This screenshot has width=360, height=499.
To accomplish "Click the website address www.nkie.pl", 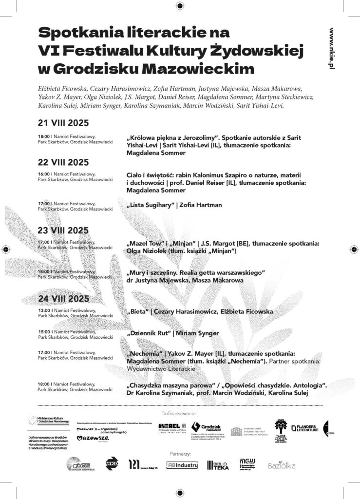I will (x=332, y=47).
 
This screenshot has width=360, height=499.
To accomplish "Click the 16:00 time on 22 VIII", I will (x=44, y=173).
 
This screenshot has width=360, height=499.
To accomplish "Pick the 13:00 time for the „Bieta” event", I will (x=44, y=309).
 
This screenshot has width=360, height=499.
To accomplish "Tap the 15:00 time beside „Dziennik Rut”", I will (x=44, y=331).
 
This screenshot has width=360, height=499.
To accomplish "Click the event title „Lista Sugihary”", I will (x=150, y=205).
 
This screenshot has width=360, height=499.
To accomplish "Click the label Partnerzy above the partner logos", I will (x=180, y=453).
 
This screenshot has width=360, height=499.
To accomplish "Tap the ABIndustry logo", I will (x=182, y=465).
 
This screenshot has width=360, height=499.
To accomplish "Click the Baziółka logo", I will (x=282, y=466).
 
